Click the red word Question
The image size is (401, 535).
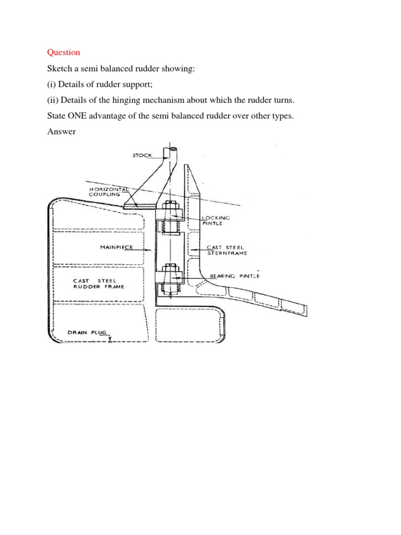pyautogui.click(x=64, y=52)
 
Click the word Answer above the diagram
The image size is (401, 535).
pyautogui.click(x=61, y=132)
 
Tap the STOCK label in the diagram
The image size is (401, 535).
pyautogui.click(x=142, y=155)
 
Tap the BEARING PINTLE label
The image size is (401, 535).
pyautogui.click(x=234, y=275)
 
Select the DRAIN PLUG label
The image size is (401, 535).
pyautogui.click(x=87, y=332)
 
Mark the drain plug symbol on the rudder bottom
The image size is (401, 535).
pyautogui.click(x=110, y=340)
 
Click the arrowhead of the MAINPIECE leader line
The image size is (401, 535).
pyautogui.click(x=151, y=250)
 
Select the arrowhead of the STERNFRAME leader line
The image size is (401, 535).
pyautogui.click(x=191, y=250)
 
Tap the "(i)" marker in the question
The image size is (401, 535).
pyautogui.click(x=52, y=84)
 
